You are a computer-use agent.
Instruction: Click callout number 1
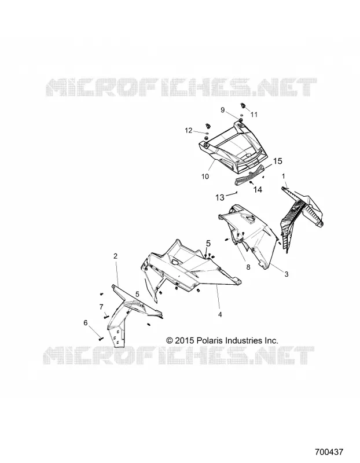click(284, 177)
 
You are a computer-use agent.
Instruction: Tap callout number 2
click(116, 256)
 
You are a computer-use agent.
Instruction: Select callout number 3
click(286, 274)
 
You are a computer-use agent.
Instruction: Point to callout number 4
click(220, 315)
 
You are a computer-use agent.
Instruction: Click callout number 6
click(85, 323)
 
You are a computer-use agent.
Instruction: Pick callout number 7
click(101, 307)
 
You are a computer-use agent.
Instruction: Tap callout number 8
click(248, 267)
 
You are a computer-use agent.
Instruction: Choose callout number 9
click(223, 110)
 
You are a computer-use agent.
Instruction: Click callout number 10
click(205, 177)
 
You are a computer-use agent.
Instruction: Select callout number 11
click(254, 115)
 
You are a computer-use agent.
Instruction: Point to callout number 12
click(189, 130)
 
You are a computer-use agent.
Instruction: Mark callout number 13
click(220, 197)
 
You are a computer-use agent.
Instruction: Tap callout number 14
click(258, 189)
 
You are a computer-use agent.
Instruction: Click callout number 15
click(278, 161)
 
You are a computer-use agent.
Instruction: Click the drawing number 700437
click(329, 452)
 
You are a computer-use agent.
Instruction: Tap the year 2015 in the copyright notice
click(184, 340)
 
